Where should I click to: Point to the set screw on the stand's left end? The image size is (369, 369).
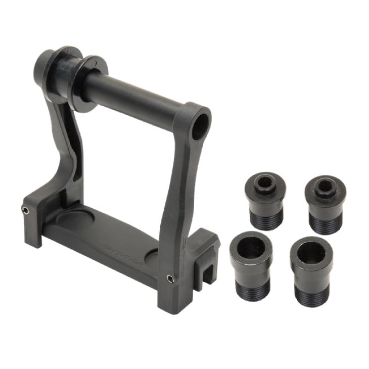24,209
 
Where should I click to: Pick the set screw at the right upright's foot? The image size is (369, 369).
170,279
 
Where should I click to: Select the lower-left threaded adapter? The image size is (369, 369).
251,265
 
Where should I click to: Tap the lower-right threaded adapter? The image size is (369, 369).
311,268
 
